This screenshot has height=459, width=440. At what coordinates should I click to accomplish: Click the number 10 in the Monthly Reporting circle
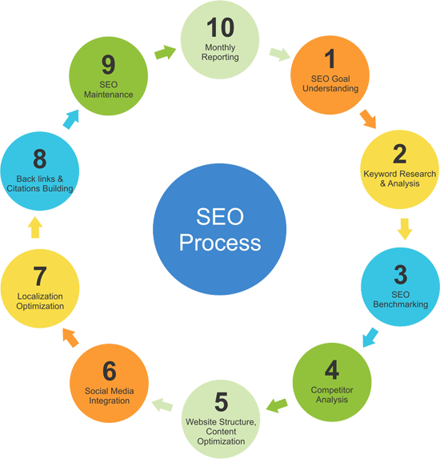(221, 27)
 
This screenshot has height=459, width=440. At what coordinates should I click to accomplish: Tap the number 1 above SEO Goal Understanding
(330, 58)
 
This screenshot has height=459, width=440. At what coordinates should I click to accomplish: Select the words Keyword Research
(400, 174)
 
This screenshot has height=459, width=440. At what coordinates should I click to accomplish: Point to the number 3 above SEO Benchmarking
(401, 275)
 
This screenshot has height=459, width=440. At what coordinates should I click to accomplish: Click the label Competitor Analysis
(332, 395)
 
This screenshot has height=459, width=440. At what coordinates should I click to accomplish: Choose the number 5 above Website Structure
(221, 402)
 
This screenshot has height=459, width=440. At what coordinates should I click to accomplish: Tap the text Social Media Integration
(110, 396)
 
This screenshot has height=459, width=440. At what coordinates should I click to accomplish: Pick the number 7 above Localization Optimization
(40, 276)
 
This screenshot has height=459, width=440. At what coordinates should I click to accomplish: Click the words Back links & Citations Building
(40, 183)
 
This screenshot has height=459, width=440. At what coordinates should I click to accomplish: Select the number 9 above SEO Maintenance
(109, 64)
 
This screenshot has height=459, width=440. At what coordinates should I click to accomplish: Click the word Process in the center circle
(220, 243)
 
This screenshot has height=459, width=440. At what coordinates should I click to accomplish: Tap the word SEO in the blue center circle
(220, 216)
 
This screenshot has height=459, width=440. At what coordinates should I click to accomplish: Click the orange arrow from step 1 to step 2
(368, 119)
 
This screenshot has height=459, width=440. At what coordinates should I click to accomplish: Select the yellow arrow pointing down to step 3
(405, 229)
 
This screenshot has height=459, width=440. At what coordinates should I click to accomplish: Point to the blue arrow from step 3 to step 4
(370, 337)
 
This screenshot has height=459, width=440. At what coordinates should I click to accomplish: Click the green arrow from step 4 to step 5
(277, 405)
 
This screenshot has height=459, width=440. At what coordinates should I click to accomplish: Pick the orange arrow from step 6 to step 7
(70, 337)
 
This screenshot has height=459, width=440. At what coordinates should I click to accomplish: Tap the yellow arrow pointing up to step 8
(35, 227)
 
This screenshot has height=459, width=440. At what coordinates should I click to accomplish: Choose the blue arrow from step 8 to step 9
(71, 119)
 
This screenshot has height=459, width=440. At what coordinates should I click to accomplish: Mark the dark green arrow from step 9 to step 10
(165, 52)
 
